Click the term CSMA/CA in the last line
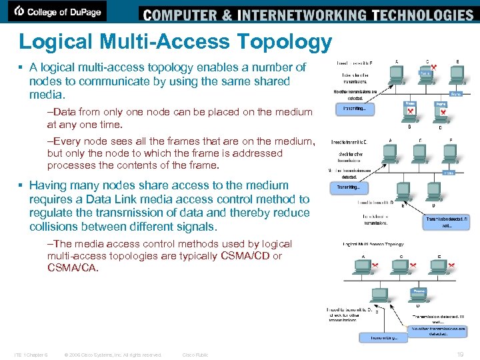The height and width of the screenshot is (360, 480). coord(73,268)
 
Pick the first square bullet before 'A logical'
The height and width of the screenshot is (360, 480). coord(22,68)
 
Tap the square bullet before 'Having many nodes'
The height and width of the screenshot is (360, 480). coord(22,186)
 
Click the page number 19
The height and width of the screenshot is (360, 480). coord(461,354)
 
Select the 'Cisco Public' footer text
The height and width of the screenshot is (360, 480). coord(195,355)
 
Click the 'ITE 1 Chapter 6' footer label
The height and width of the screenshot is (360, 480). coord(31,355)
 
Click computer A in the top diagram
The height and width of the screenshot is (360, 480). coord(397,73)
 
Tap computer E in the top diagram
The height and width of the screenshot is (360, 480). coord(458,73)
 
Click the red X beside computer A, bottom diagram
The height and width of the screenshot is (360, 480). coord(376,266)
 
